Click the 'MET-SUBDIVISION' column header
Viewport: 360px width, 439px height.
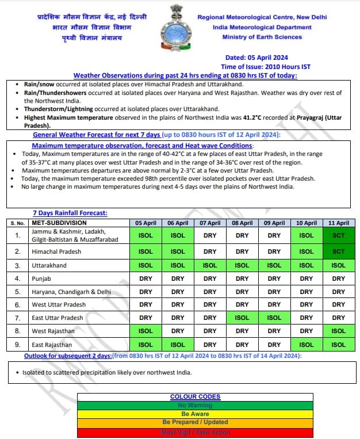coord(59,223)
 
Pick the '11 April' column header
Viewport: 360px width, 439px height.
coord(339,223)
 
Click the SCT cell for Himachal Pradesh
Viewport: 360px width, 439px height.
coord(339,251)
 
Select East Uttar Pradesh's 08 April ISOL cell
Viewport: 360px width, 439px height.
coord(242,318)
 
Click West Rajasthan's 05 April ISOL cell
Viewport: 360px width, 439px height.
coord(145,331)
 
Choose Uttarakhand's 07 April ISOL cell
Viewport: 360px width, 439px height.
coord(210,265)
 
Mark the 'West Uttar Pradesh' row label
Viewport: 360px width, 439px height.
coord(59,304)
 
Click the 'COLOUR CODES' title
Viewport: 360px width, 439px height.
coord(196,397)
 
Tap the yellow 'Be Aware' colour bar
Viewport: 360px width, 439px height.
coord(196,414)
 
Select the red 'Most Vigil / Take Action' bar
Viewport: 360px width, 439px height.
coord(196,431)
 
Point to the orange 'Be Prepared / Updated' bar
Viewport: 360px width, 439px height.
coord(196,422)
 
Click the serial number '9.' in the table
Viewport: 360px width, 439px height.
coord(17,345)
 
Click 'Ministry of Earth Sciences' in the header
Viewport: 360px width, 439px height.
coord(262,37)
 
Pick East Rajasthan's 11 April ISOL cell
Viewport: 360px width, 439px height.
coord(339,345)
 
